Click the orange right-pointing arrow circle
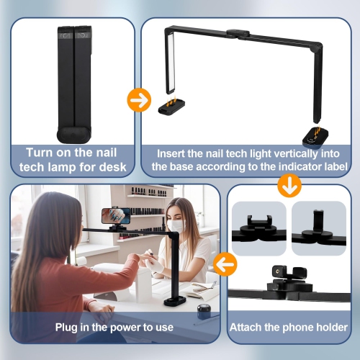pos(139,100)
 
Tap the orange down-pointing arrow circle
pos(289,185)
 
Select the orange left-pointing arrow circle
pos(225,264)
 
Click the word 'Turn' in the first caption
pos(39,153)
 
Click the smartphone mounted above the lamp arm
pos(116,215)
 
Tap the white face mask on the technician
pos(176,226)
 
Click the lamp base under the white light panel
pos(171,107)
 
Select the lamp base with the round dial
pos(315,138)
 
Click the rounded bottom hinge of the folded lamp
pos(74,135)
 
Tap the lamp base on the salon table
pos(175,301)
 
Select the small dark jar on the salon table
pos(204,312)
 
